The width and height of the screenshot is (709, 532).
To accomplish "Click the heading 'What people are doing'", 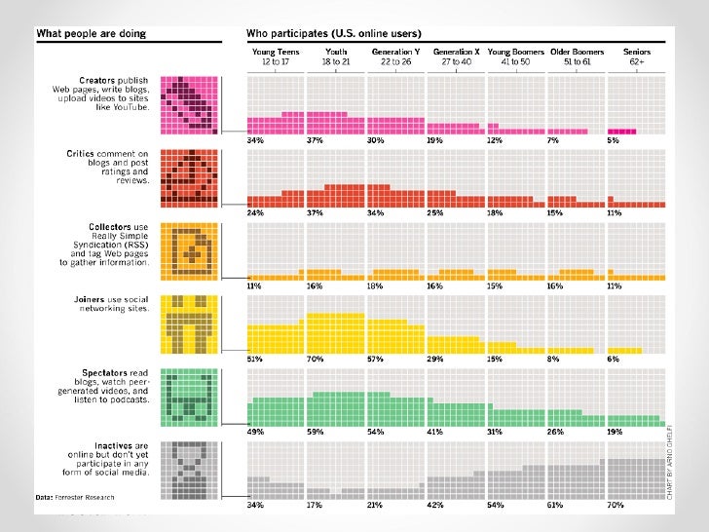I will pyautogui.click(x=93, y=34).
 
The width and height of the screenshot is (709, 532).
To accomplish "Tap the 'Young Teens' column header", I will pyautogui.click(x=275, y=51).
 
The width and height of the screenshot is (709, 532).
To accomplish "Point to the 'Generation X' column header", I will pyautogui.click(x=456, y=51).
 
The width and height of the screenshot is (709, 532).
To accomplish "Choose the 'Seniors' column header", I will pyautogui.click(x=637, y=51).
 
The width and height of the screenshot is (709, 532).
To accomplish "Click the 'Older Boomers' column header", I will pyautogui.click(x=577, y=51).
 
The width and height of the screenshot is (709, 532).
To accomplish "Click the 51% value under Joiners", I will pyautogui.click(x=255, y=361).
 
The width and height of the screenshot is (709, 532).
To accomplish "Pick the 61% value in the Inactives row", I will pyautogui.click(x=556, y=507).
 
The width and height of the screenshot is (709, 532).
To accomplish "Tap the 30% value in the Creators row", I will pyautogui.click(x=376, y=139).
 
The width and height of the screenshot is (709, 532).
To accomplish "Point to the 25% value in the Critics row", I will pyautogui.click(x=435, y=212).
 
